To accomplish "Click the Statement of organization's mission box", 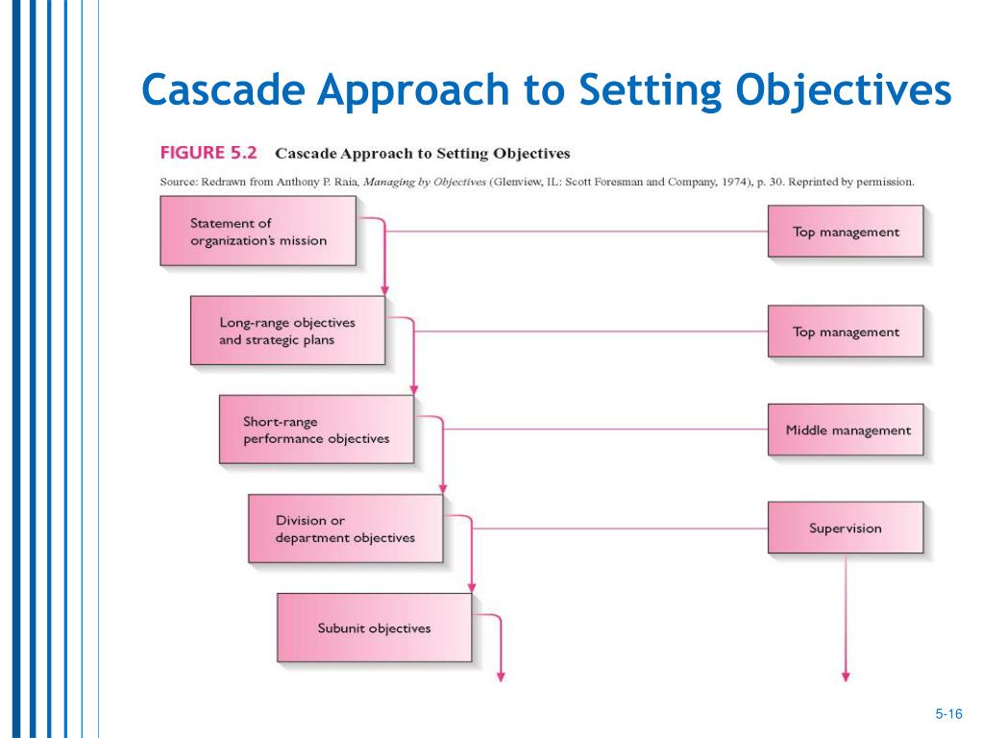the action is tap(258, 231).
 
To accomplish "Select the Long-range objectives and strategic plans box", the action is tap(288, 331).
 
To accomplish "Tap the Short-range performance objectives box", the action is tap(317, 430).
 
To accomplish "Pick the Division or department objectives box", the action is tap(346, 529).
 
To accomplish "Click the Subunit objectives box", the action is tap(375, 627).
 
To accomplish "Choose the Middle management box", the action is tap(846, 430).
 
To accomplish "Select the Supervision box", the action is tap(846, 528).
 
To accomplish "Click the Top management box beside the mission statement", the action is tap(846, 232).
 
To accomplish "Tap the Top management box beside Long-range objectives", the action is tap(846, 332).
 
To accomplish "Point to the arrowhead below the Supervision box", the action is tap(846, 677).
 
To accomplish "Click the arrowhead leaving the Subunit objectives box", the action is tap(501, 677).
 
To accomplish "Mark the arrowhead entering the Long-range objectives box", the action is tap(384, 290).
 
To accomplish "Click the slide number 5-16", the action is tap(948, 714).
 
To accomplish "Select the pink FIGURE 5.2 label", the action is tap(209, 153).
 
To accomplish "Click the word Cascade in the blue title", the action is tap(223, 89).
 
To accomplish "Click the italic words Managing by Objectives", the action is tap(425, 182).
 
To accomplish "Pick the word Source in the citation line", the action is tap(179, 182).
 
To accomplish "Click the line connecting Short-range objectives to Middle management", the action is tap(605, 430).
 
